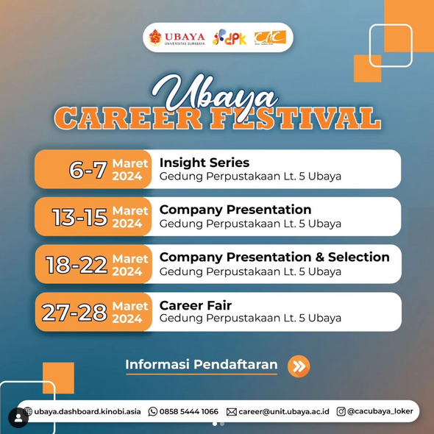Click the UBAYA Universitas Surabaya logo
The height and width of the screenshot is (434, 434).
click(x=177, y=38)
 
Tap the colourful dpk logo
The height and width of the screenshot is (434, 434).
click(x=230, y=38)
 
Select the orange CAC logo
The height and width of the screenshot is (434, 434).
click(x=270, y=38)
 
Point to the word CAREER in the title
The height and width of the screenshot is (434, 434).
click(x=128, y=118)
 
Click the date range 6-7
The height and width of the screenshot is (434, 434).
click(x=88, y=170)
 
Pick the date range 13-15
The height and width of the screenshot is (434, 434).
click(x=79, y=217)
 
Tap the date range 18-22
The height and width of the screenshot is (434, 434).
click(x=77, y=265)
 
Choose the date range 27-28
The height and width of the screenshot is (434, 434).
click(x=74, y=313)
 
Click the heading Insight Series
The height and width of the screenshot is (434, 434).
click(x=204, y=163)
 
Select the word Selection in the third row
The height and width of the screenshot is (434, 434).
click(x=359, y=257)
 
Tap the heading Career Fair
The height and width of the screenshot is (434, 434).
click(x=196, y=305)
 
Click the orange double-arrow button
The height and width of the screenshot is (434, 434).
click(x=299, y=366)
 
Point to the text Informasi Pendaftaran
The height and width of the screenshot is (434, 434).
click(x=202, y=364)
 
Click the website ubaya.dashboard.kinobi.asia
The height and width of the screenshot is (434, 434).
click(x=88, y=412)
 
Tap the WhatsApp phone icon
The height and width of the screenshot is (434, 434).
click(x=152, y=412)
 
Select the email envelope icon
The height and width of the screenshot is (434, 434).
click(x=232, y=412)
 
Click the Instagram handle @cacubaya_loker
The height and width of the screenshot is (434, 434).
click(x=380, y=411)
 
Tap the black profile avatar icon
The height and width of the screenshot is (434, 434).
click(x=18, y=418)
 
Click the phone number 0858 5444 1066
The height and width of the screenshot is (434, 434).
click(x=189, y=412)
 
